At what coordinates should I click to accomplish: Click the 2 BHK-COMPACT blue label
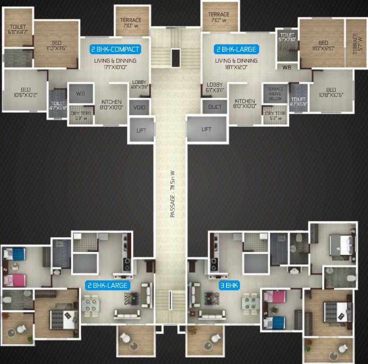115,49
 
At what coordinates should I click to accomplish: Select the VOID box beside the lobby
140,108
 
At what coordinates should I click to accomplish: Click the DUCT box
215,107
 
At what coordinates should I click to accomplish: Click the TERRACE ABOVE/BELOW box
275,93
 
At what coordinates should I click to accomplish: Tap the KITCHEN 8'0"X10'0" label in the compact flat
111,104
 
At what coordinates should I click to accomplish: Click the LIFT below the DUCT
206,129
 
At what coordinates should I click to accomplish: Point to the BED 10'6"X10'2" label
26,92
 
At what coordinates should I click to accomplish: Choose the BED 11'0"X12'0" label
323,45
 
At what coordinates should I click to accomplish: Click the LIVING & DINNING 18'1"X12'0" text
237,64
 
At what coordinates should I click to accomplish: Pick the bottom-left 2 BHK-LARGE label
106,285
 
